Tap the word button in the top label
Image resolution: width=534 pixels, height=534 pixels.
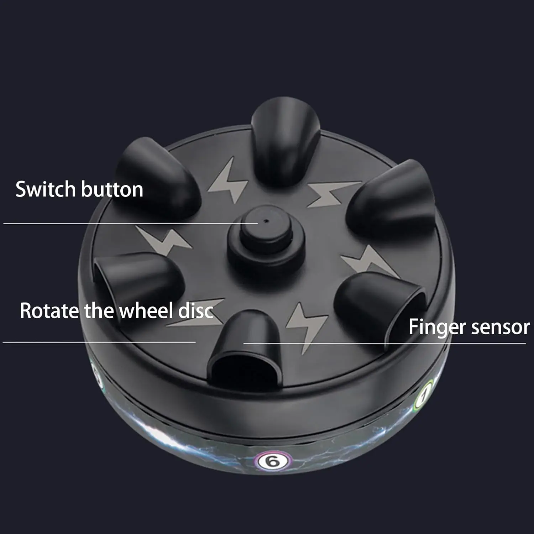pos(112,189)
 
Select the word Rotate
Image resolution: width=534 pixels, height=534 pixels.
pos(49,310)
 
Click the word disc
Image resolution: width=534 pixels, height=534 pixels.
pos(195,310)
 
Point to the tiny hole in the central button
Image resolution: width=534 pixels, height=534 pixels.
pos(266,220)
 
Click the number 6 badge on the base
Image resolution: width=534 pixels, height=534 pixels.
pos(273,462)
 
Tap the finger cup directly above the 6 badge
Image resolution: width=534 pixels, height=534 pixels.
pos(246,345)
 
